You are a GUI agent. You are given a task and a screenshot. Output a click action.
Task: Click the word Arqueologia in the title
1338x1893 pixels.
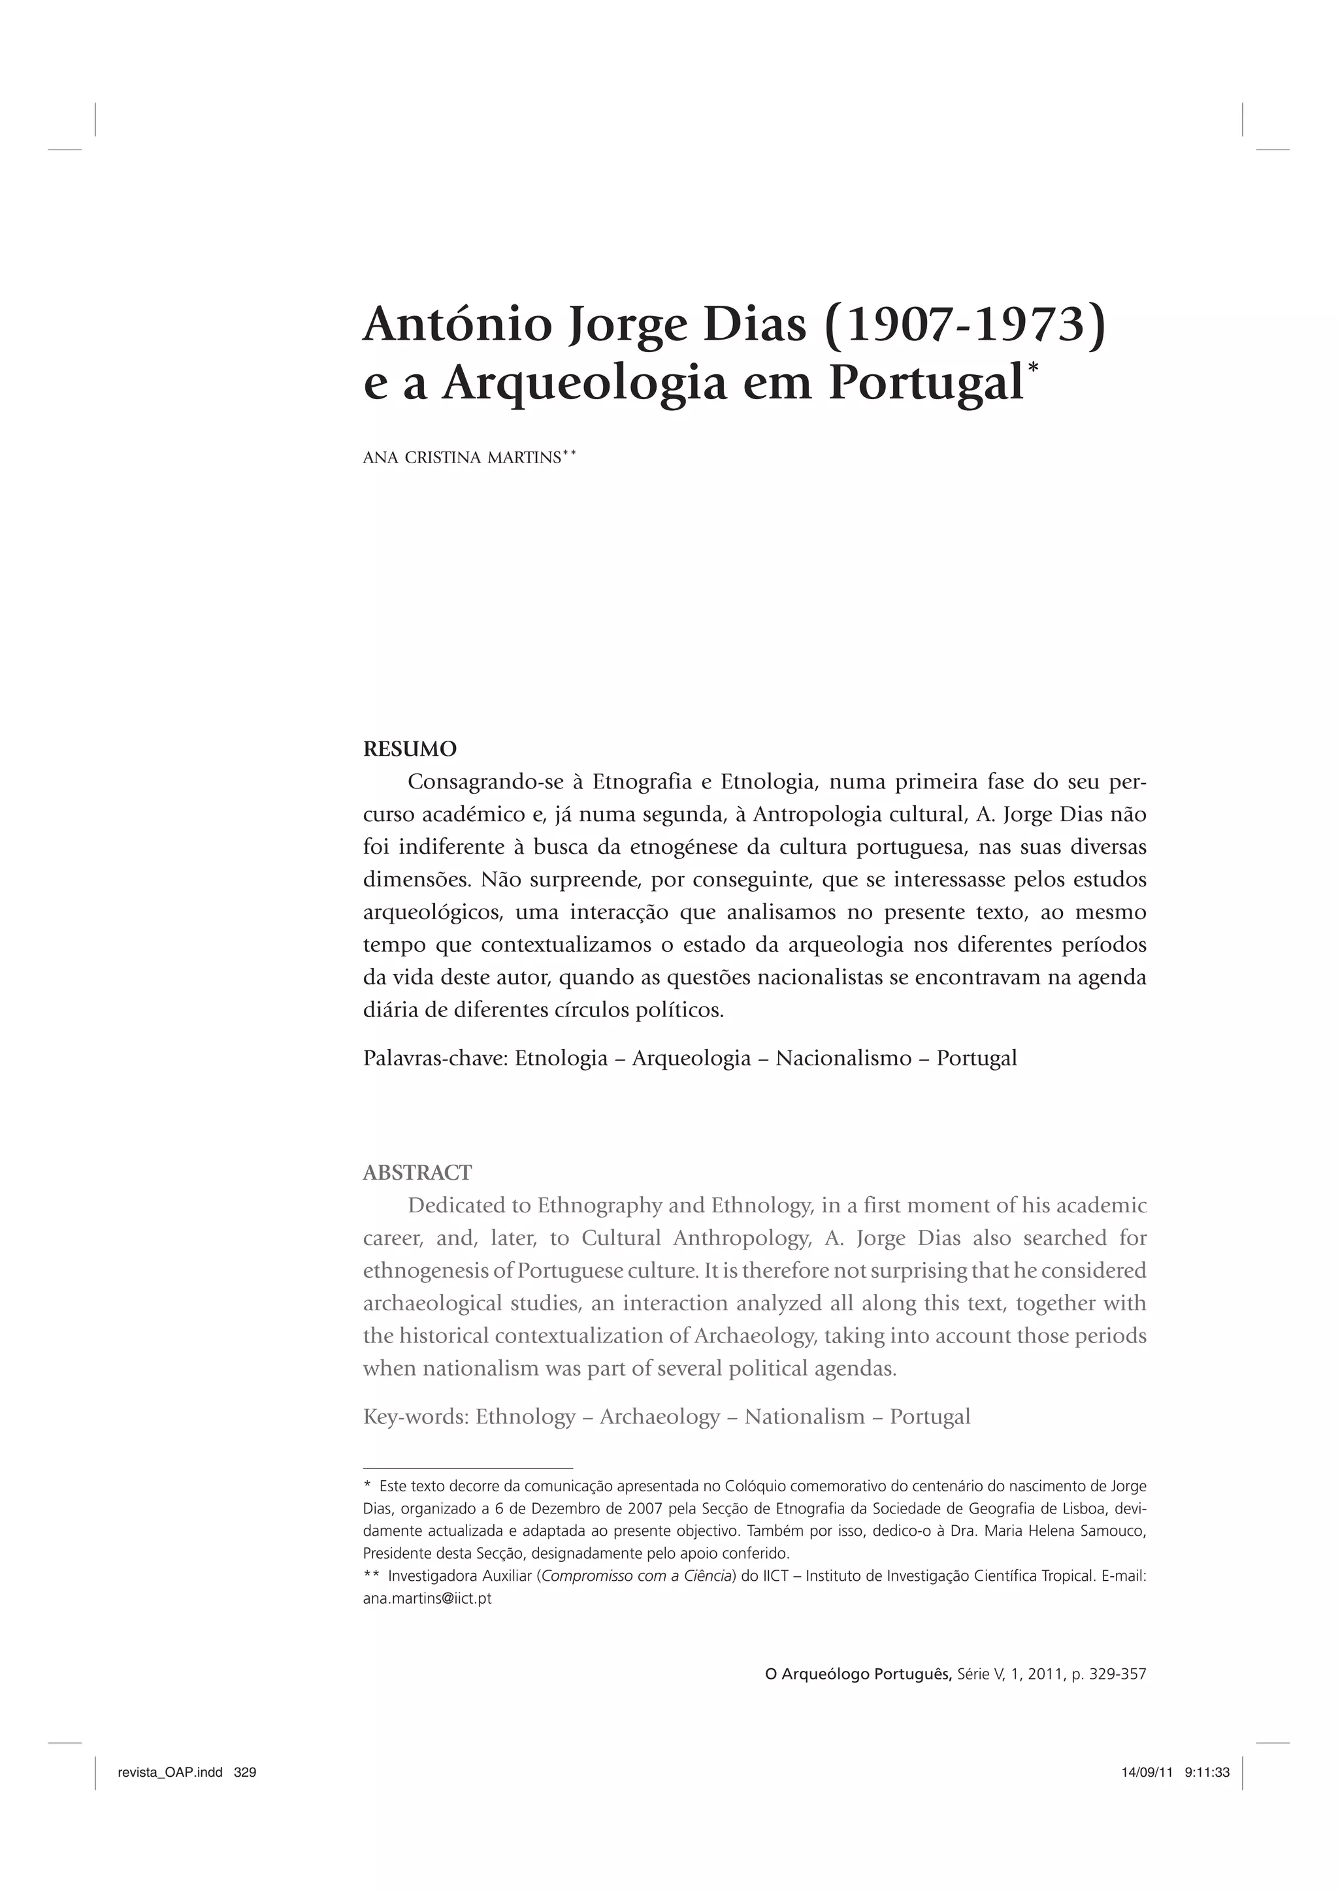click(x=583, y=383)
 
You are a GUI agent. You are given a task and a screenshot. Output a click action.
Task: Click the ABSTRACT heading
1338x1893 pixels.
click(x=417, y=1172)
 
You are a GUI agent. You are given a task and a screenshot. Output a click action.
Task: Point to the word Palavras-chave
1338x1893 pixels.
click(x=434, y=1058)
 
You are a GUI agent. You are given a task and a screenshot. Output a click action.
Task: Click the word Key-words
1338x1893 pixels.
click(x=416, y=1416)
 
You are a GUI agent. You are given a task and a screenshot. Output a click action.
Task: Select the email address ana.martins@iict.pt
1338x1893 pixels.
click(x=427, y=1598)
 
